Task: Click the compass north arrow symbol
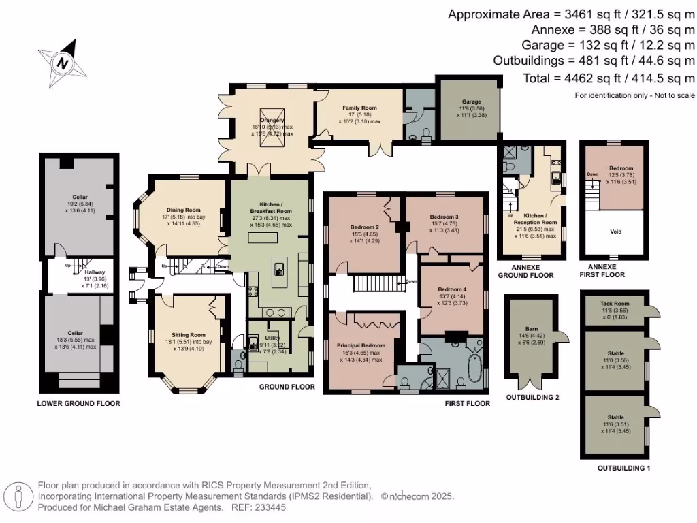click(x=63, y=63)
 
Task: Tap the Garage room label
click(x=470, y=101)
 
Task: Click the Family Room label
click(x=359, y=108)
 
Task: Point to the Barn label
click(x=532, y=328)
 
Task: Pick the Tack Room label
click(x=614, y=303)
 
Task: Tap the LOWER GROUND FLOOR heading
click(x=78, y=403)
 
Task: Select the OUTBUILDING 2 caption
click(x=532, y=396)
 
